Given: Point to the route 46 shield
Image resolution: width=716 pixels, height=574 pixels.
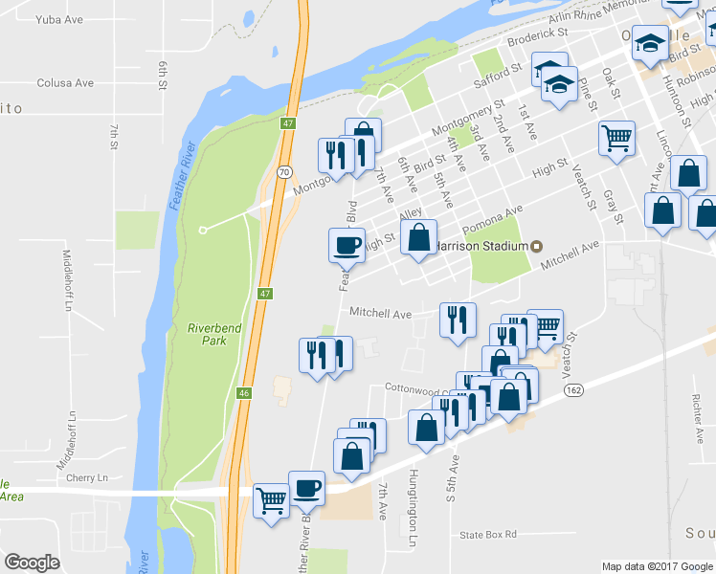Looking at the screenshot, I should click(245, 392).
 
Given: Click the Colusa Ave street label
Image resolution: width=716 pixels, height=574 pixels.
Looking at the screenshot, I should click(65, 83).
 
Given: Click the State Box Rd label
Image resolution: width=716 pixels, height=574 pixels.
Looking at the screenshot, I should click(487, 535).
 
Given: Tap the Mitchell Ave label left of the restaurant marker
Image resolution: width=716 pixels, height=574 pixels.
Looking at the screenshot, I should click(380, 313).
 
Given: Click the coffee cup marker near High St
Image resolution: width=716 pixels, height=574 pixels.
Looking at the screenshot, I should click(347, 245).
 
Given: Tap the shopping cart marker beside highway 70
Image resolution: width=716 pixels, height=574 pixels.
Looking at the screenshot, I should click(271, 500).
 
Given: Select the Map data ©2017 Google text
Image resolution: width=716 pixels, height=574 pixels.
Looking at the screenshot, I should click(657, 566).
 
